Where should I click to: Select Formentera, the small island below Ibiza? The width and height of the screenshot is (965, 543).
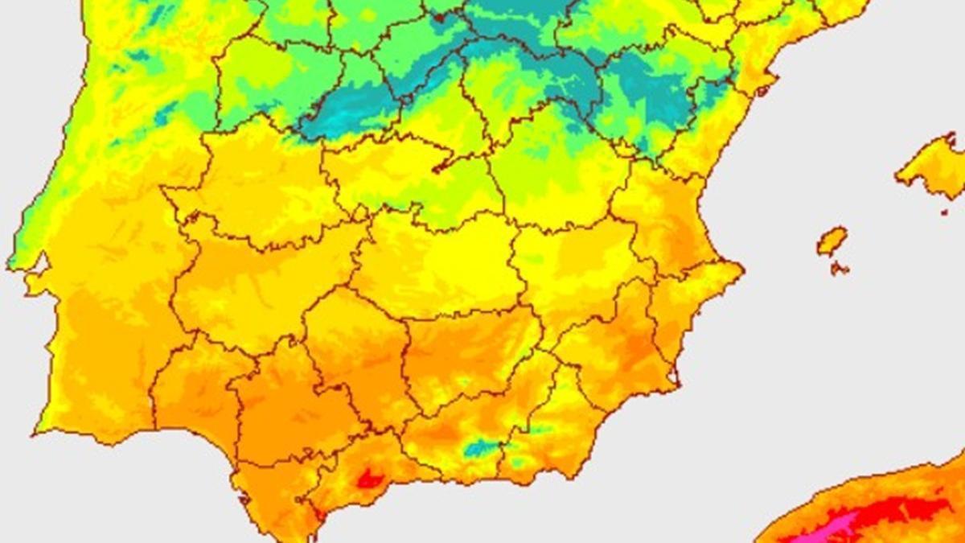[x=839, y=268]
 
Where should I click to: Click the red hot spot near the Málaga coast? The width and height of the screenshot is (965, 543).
[x=369, y=479]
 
